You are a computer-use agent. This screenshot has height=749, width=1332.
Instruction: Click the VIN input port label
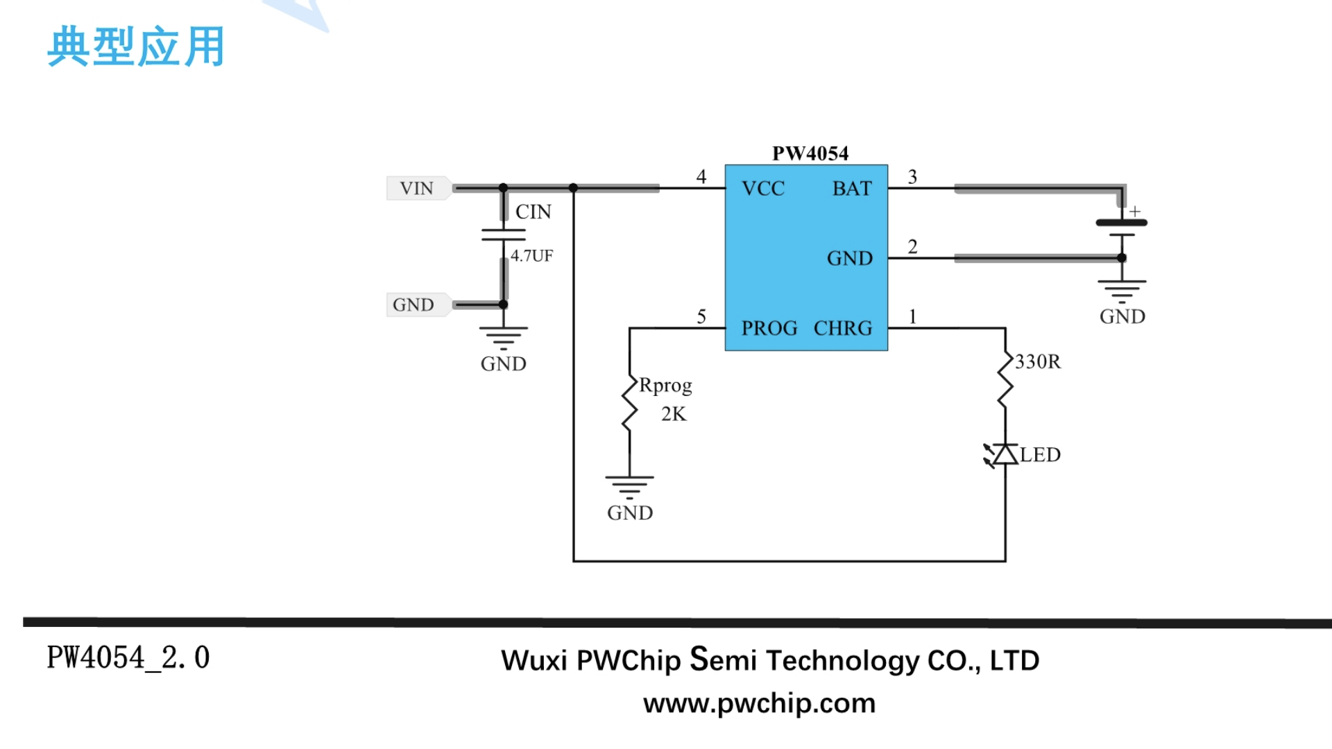pos(416,188)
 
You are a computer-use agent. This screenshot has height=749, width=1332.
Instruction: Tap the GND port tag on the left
pos(413,304)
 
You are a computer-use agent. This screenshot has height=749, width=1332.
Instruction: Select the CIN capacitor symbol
pos(504,235)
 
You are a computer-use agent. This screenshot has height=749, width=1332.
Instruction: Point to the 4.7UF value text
pos(532,256)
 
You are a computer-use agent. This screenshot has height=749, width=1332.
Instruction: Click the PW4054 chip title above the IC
pos(810,153)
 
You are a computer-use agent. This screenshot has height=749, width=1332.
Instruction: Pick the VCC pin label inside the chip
pos(763,189)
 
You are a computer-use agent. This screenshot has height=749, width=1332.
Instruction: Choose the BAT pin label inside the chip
pos(852,189)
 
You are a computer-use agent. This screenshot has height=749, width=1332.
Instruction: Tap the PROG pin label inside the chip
pos(769,328)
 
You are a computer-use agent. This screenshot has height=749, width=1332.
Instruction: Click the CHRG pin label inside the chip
pos(843,328)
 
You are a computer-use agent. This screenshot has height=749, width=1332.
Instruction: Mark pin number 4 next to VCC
pos(701,177)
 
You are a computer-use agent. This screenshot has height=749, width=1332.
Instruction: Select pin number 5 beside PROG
pos(701,317)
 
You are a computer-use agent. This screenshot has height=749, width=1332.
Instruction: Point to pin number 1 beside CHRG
pos(913,317)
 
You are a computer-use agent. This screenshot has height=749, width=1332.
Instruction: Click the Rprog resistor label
pos(665,386)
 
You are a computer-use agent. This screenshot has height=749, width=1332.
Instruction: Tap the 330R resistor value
pos(1038,361)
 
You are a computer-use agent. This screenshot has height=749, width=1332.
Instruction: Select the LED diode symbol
pos(1003,455)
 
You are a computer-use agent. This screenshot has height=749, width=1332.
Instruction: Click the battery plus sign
pos(1135,211)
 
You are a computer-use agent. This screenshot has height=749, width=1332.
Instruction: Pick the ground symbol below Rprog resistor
pos(629,486)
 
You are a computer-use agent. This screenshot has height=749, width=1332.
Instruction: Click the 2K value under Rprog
pos(674,414)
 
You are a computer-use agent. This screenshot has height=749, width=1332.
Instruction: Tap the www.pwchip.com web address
pos(760,703)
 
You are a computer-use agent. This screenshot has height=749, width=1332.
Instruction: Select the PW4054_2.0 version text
pos(128,657)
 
